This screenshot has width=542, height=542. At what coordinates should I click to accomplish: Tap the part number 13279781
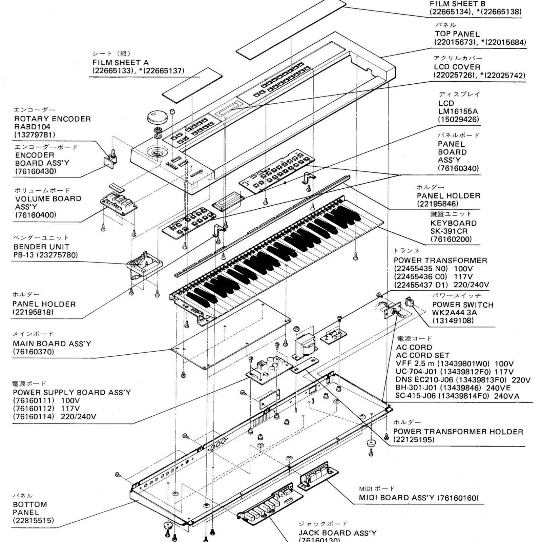pyautogui.click(x=35, y=135)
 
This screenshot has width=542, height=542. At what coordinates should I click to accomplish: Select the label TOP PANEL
pyautogui.click(x=457, y=34)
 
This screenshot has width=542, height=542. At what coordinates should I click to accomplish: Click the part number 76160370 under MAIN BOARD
pyautogui.click(x=34, y=352)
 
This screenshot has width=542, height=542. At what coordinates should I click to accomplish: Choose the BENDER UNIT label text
pyautogui.click(x=41, y=247)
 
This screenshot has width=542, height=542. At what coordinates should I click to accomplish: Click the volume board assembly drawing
pyautogui.click(x=119, y=203)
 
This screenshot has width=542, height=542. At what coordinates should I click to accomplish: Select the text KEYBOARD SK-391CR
pyautogui.click(x=453, y=227)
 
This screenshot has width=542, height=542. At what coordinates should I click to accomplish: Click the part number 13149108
pyautogui.click(x=453, y=320)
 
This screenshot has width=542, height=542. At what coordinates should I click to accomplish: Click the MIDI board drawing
pyautogui.click(x=317, y=475)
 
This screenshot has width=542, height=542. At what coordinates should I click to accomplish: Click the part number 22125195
pyautogui.click(x=414, y=440)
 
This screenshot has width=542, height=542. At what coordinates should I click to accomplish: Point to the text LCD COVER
pyautogui.click(x=457, y=67)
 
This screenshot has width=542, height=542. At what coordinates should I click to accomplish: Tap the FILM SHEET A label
pyautogui.click(x=120, y=63)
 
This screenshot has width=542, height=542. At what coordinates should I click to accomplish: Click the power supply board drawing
pyautogui.click(x=269, y=368)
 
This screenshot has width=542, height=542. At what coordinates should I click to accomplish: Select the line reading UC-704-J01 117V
pyautogui.click(x=454, y=372)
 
